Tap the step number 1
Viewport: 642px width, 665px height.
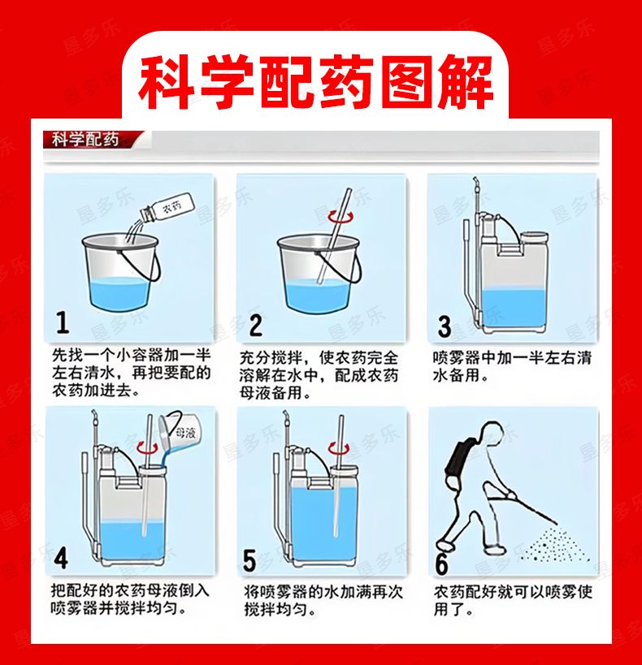(x=63, y=322)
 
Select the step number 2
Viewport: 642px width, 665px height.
(x=256, y=326)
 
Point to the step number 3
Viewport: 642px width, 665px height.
(x=445, y=326)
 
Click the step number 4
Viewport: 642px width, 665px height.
(x=61, y=558)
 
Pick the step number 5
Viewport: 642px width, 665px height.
(x=249, y=561)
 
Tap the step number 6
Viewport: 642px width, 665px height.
(x=441, y=564)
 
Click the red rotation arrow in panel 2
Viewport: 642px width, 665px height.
(x=341, y=217)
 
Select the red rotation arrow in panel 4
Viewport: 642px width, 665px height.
(x=147, y=447)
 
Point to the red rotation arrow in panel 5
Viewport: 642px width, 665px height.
(x=339, y=448)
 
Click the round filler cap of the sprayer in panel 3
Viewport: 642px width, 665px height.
(x=534, y=237)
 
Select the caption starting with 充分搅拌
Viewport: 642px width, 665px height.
(x=319, y=375)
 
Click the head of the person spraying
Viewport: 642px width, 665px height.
(x=490, y=434)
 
